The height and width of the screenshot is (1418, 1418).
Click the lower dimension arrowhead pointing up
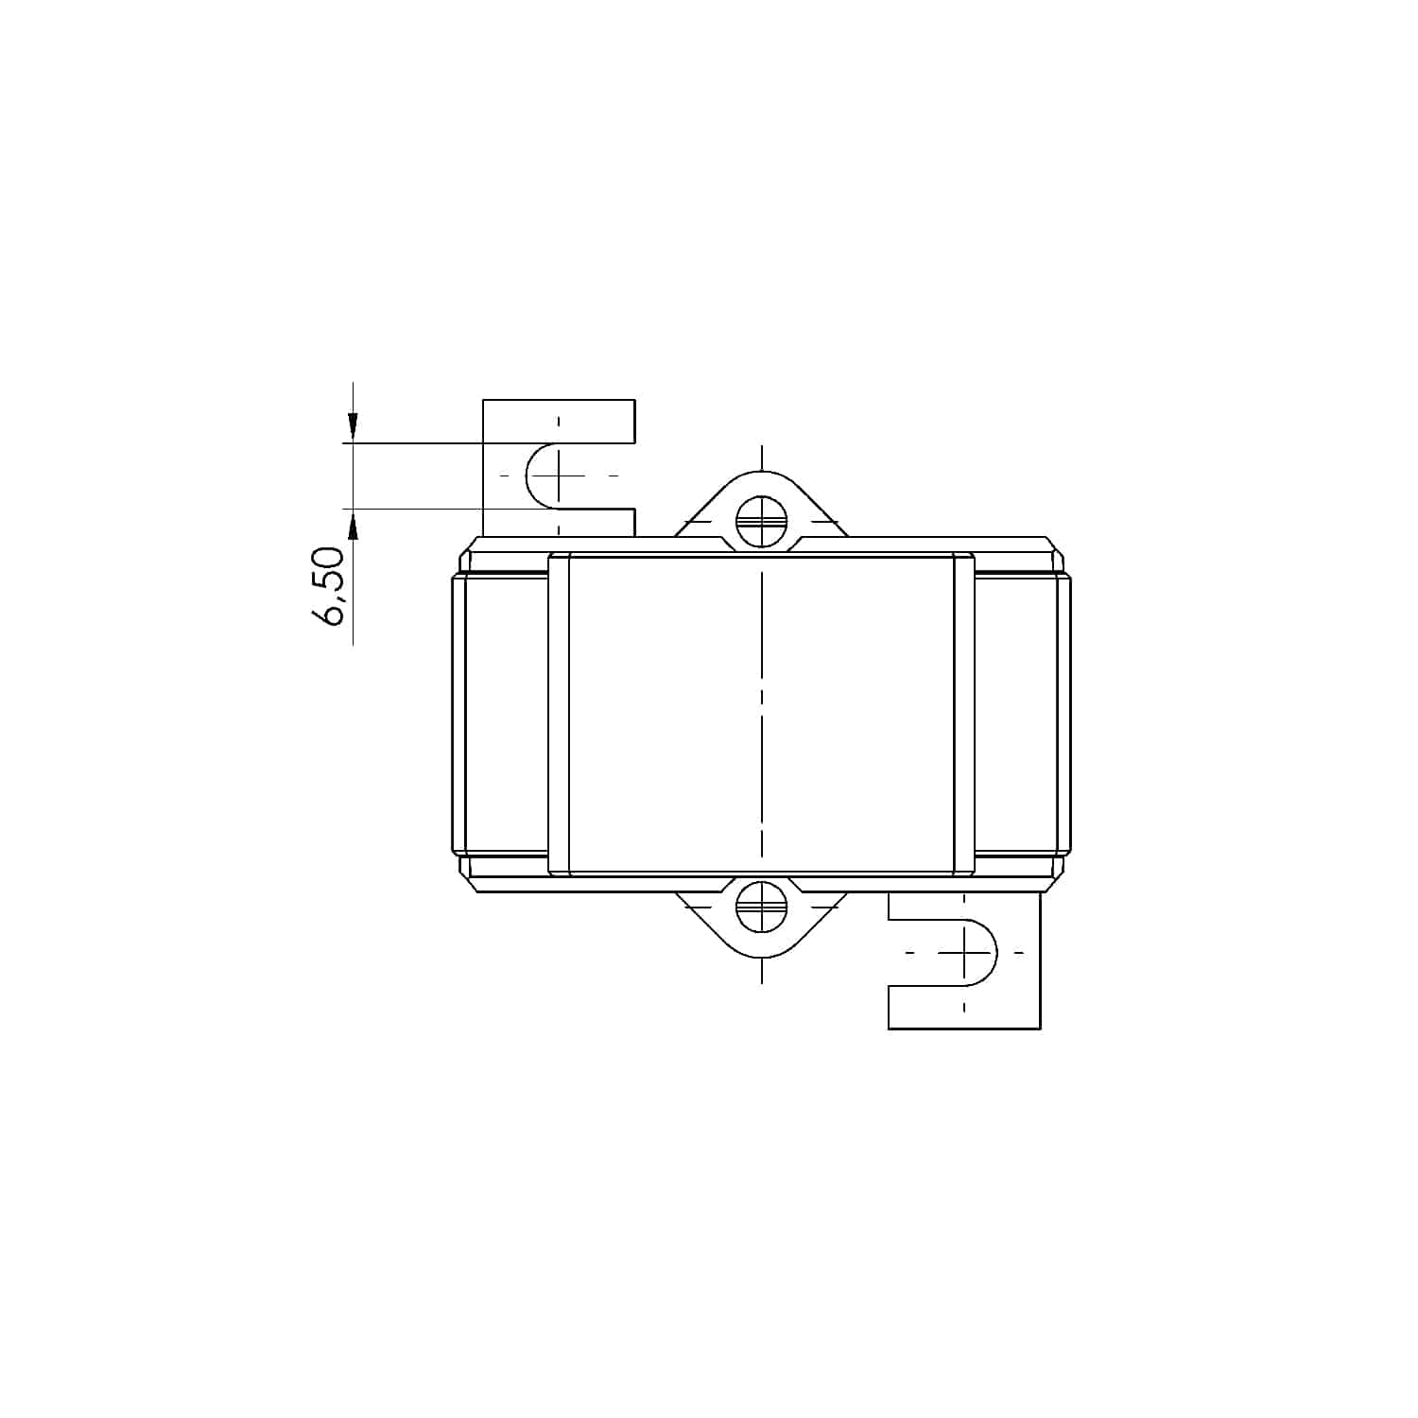tap(353, 524)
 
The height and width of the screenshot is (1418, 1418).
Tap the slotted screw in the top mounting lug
tap(761, 522)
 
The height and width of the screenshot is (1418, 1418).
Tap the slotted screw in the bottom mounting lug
tap(761, 907)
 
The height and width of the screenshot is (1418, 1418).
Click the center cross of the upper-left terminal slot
tap(559, 475)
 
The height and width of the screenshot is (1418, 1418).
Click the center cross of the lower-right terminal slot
tap(964, 952)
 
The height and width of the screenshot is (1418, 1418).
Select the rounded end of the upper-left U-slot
tap(528, 475)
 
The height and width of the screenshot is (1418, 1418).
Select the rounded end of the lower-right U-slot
tap(994, 952)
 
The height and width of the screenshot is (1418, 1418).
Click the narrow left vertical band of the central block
tap(559, 714)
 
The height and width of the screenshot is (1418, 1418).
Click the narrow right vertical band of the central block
tap(963, 714)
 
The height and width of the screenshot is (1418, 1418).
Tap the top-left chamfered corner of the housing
tap(468, 547)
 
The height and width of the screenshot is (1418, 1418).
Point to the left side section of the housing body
tap(501, 714)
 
